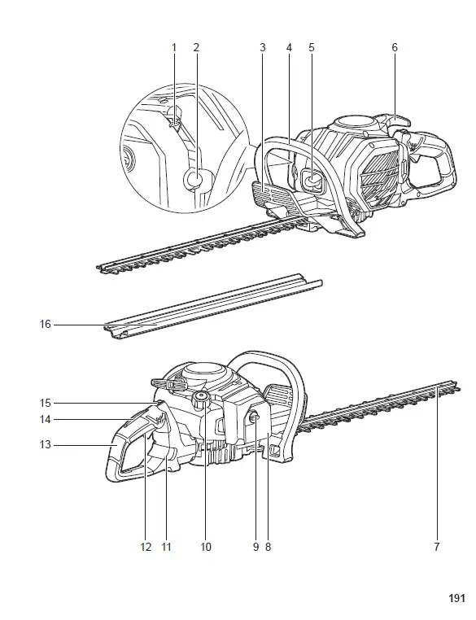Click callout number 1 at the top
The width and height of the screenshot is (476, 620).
[x=173, y=48]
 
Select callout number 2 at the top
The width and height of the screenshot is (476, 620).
[x=196, y=48]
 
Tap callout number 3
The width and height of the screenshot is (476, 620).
[x=263, y=48]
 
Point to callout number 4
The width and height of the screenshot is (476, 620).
[x=288, y=48]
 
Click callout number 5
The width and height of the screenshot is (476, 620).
[x=312, y=48]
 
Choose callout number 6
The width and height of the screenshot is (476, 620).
[x=395, y=48]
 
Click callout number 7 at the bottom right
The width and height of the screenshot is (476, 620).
[x=437, y=547]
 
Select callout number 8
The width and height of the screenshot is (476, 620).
[x=267, y=547]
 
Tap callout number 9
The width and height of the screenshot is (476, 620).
[x=255, y=547]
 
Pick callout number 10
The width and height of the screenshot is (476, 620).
[x=206, y=547]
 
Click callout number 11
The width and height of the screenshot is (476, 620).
[x=166, y=547]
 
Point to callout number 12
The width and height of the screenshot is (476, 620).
[x=146, y=547]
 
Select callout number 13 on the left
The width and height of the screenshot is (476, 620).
[x=46, y=444]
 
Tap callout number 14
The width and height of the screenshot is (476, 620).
[x=46, y=420]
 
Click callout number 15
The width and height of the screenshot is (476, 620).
[x=46, y=403]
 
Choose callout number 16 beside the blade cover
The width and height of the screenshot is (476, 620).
[x=46, y=324]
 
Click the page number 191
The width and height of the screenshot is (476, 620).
[x=456, y=598]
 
